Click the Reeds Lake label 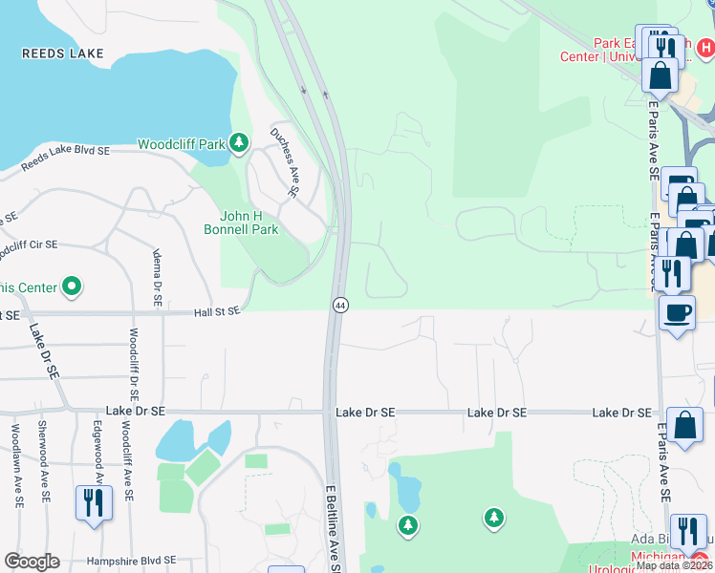(x=62, y=53)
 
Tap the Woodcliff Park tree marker (x=239, y=144)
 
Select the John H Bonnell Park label (x=241, y=223)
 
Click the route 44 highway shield (x=340, y=305)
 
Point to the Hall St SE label (x=216, y=311)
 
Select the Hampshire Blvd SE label (x=131, y=561)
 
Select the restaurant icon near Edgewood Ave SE (x=94, y=501)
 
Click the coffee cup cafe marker (x=678, y=312)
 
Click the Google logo (x=32, y=562)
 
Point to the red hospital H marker (x=705, y=45)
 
